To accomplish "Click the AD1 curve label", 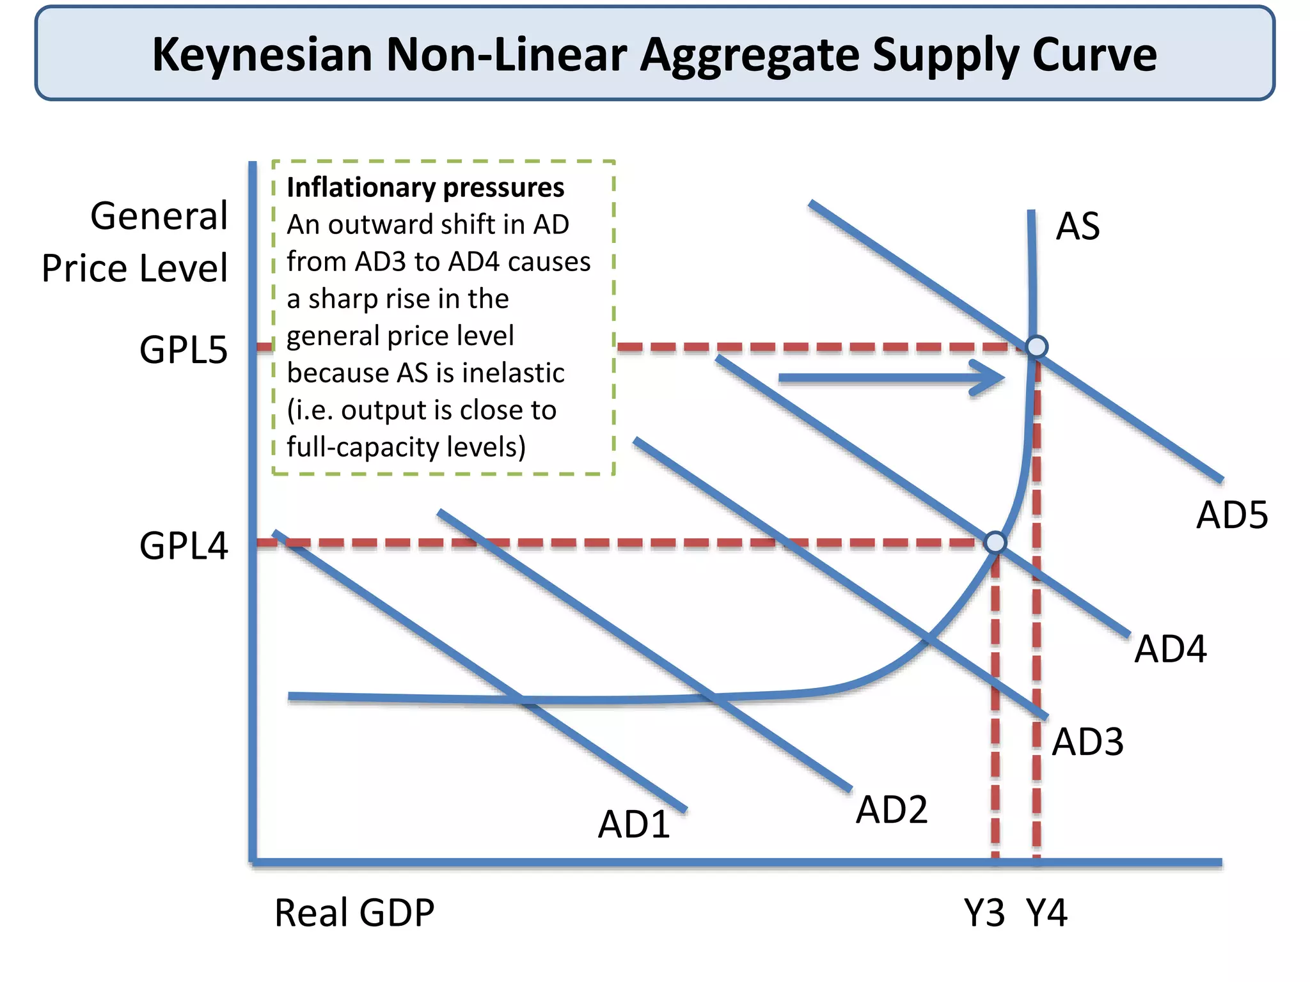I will click(634, 824).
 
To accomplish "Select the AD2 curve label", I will click(892, 809).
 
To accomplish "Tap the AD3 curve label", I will click(1087, 742).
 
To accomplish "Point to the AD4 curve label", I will click(1170, 649).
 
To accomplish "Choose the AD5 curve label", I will click(1232, 515).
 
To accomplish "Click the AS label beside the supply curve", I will click(1078, 226).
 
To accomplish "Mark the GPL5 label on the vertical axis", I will click(184, 350).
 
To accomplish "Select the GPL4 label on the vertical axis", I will click(184, 546).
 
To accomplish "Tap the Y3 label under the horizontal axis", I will click(984, 913).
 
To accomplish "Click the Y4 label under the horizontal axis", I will click(1046, 913).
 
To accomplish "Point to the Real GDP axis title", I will click(354, 912).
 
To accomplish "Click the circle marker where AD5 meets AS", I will click(1036, 347).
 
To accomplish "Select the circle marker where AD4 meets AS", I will click(995, 543).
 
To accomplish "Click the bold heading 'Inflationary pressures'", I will click(425, 187).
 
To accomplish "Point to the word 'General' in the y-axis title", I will click(159, 215).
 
